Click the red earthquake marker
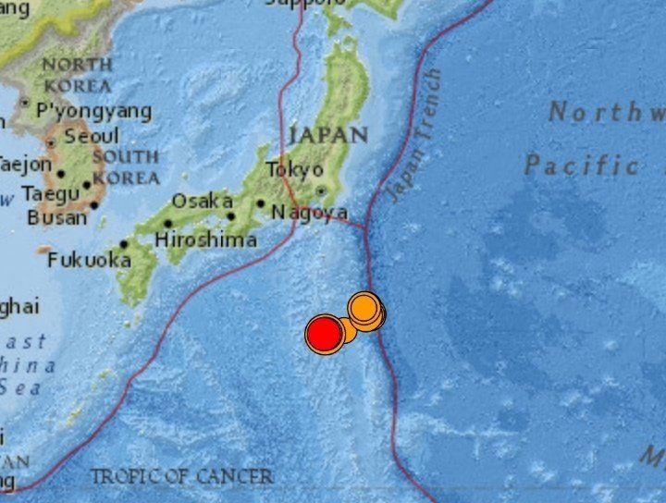325,334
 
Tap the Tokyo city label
294,170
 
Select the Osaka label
202,201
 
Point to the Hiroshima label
205,240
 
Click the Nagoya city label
309,214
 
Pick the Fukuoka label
89,261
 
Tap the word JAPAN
328,135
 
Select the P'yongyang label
93,112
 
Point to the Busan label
56,218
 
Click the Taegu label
51,194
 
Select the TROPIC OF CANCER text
181,477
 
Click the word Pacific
581,166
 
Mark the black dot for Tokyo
321,191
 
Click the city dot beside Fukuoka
124,245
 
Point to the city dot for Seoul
51,142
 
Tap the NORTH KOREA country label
78,74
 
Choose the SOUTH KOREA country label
125,166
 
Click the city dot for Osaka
230,216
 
